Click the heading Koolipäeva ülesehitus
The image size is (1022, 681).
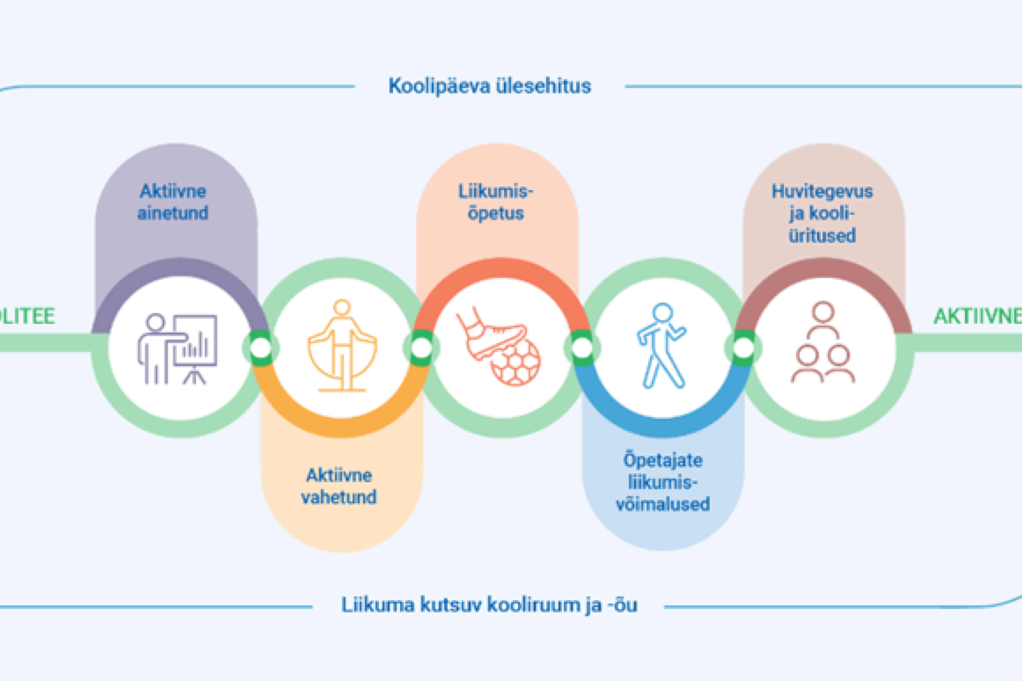coord(490,86)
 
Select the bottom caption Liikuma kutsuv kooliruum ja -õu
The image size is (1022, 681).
coord(489,605)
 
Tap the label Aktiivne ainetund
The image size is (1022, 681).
coord(173,202)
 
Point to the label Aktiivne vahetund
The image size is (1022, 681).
coord(339,486)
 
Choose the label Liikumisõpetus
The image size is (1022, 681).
coord(496,202)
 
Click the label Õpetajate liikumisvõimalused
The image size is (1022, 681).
coord(663,482)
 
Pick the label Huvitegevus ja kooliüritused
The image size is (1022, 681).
coord(822,213)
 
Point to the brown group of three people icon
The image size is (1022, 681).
coord(822,343)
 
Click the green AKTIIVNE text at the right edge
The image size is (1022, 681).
coord(978,316)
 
